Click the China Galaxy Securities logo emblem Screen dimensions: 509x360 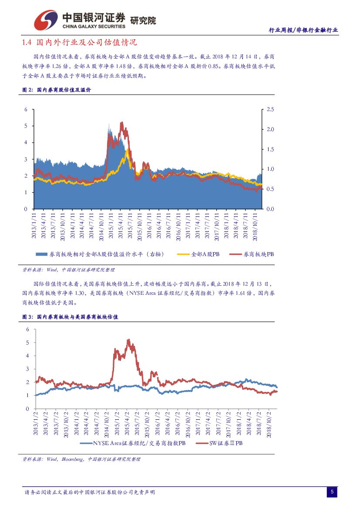point(46,20)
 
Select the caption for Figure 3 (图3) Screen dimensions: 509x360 point(70,317)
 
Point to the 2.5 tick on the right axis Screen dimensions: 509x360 point(270,110)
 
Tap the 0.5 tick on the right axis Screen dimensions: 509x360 point(270,189)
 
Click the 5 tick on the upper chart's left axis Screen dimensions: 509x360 point(26,126)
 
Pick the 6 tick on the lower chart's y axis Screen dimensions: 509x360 point(27,330)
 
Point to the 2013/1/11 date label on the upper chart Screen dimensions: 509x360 point(34,226)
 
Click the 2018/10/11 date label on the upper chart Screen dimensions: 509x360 point(256,226)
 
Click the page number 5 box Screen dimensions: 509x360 point(332,492)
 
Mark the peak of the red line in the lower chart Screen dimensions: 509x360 point(128,340)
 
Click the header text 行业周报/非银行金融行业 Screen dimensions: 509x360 point(303,30)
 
